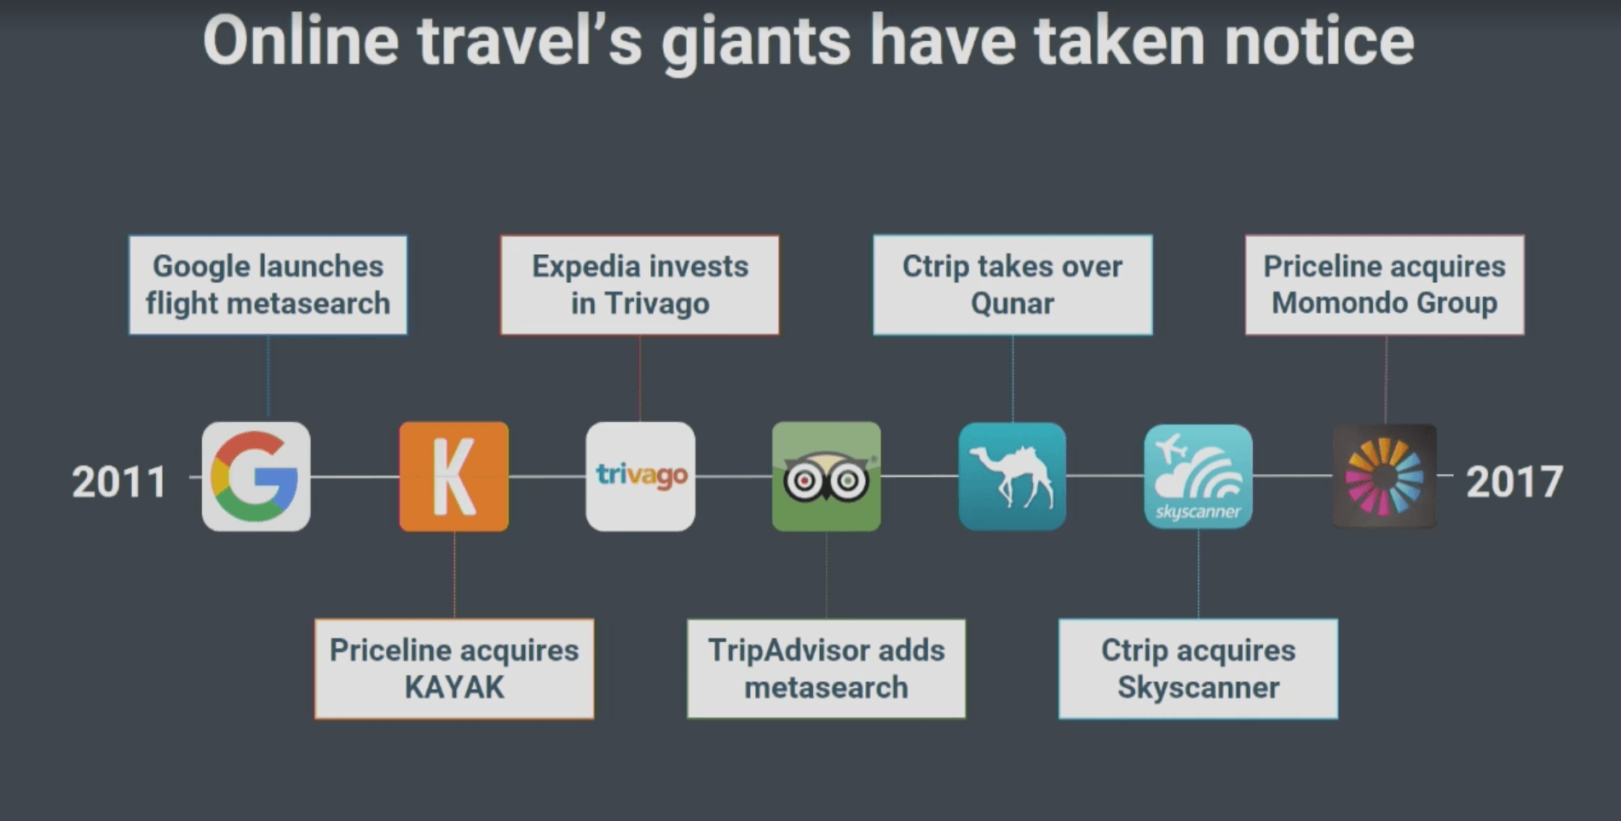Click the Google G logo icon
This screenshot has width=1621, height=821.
(x=256, y=477)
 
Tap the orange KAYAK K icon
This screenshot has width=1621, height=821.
(x=454, y=477)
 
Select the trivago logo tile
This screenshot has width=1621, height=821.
(x=640, y=477)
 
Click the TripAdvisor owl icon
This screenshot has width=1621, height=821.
(x=827, y=477)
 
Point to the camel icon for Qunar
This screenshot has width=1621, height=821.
(x=1012, y=477)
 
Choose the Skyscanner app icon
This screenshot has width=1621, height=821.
(x=1198, y=477)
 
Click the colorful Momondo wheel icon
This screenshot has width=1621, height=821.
(x=1384, y=477)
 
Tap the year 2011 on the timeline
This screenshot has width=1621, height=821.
(x=118, y=482)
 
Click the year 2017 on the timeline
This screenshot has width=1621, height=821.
(x=1514, y=482)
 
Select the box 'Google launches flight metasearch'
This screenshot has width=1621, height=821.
(x=268, y=285)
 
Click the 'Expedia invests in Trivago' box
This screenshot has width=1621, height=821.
(x=640, y=285)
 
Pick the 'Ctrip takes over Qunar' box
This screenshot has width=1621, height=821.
(x=1012, y=285)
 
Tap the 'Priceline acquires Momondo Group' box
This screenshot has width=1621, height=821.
(x=1385, y=285)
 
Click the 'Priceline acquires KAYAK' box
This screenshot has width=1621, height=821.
(x=454, y=668)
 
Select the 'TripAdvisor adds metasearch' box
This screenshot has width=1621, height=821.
(x=827, y=668)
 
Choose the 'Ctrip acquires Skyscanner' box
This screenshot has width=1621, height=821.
(x=1198, y=668)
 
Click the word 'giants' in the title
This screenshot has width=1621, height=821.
(x=756, y=43)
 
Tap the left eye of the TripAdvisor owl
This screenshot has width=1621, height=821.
(x=803, y=482)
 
